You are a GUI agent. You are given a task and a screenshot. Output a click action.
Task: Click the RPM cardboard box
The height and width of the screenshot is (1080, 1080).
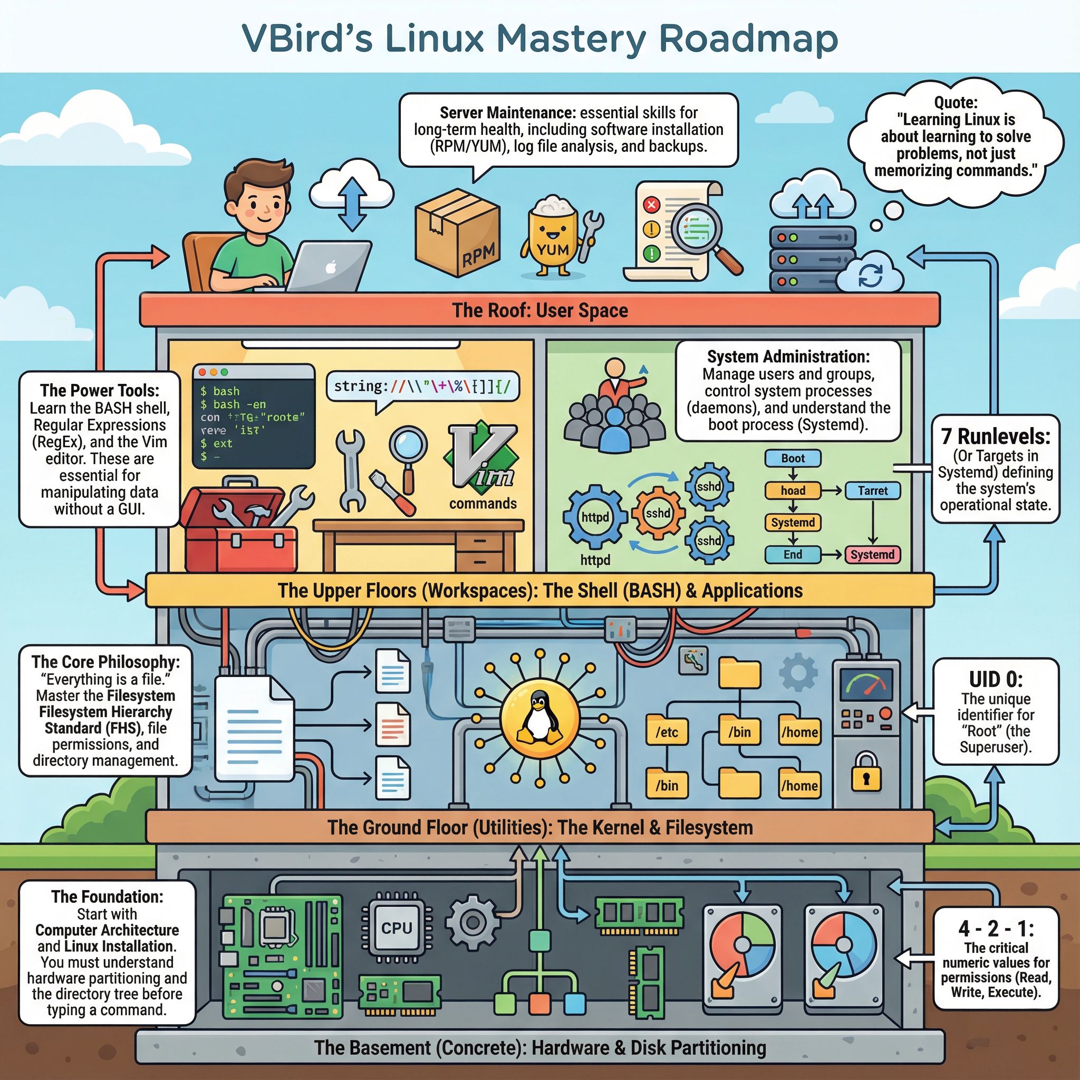point(457,234)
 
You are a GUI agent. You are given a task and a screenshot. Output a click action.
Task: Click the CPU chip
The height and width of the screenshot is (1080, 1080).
point(397,929)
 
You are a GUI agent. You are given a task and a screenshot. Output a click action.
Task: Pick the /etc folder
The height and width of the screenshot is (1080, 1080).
point(667,731)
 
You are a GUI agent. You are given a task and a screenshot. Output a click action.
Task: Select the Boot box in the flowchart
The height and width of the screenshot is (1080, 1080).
point(793,458)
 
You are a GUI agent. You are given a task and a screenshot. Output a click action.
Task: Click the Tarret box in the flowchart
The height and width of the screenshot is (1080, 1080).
point(872,491)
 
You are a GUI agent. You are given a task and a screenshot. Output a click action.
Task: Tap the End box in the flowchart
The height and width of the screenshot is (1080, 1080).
point(793,555)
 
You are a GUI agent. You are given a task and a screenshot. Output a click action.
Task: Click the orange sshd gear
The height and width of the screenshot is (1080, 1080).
point(658,513)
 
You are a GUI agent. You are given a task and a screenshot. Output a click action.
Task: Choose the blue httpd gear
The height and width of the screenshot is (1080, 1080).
point(595,517)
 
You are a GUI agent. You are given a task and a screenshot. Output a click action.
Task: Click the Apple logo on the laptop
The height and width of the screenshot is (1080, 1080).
point(331,267)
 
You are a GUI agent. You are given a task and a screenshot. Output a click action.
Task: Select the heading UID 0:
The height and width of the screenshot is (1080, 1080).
point(996,679)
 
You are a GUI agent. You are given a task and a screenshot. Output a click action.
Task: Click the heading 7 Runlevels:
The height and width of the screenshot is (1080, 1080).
point(996,436)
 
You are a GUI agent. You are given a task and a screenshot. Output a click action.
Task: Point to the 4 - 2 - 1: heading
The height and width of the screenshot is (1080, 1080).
point(996,929)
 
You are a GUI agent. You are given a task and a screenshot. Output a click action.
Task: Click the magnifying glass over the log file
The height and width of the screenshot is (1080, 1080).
point(698,230)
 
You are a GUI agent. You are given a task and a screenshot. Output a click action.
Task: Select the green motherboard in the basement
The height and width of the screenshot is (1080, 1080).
point(282,956)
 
